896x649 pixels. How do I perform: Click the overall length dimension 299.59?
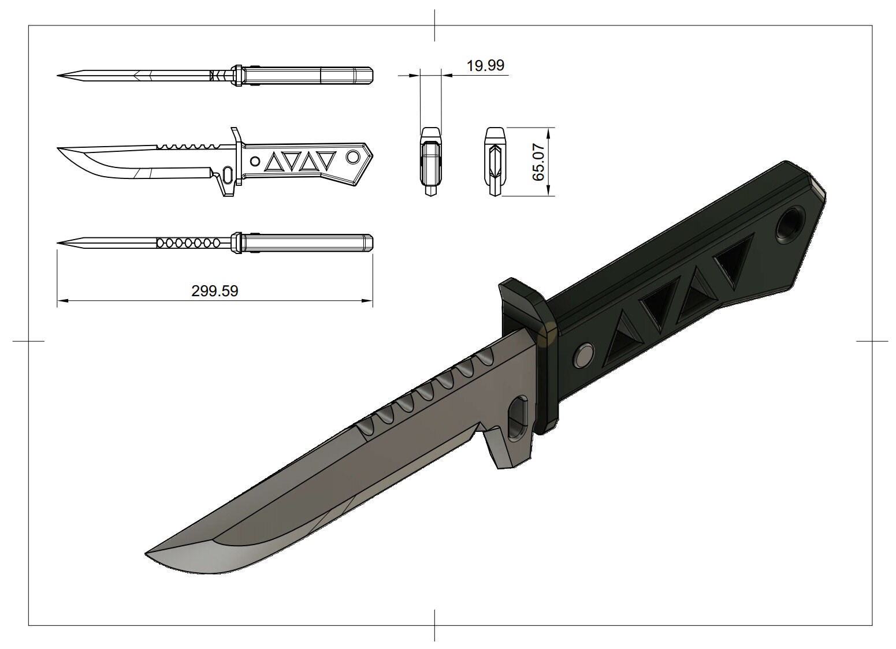214,291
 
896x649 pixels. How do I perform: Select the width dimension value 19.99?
485,65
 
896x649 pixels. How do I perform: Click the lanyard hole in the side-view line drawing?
352,157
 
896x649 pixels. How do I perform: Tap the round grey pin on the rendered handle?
583,355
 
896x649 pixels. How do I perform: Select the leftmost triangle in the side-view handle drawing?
272,163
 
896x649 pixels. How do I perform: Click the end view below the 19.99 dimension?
430,162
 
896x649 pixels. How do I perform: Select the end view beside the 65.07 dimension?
495,162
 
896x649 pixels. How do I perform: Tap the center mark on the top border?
434,25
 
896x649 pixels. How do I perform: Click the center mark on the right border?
872,341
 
